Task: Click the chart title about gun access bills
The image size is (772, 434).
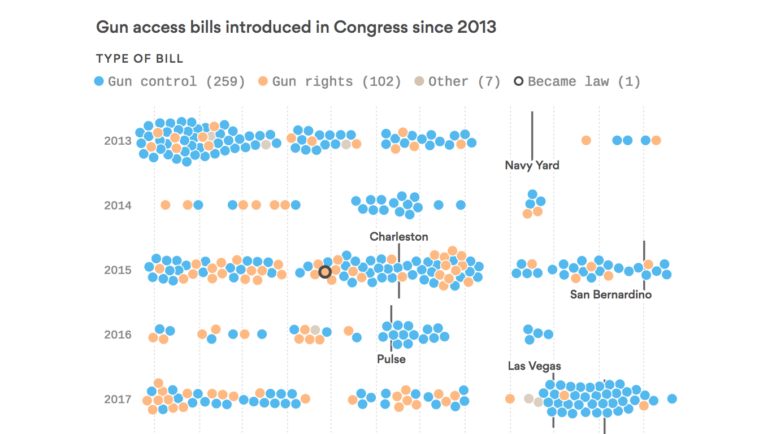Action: pos(296,27)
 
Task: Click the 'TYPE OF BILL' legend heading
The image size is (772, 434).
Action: pos(140,59)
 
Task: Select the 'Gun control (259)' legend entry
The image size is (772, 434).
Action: pos(170,81)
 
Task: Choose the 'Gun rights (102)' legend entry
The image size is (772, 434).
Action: pos(330,81)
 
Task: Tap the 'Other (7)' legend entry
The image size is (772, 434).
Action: pos(458,81)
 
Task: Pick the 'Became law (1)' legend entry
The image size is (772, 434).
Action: pos(577,81)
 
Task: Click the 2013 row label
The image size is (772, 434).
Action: pos(118,141)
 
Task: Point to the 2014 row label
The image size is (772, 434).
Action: pos(118,205)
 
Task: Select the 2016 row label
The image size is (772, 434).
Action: pos(118,335)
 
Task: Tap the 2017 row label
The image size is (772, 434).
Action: pos(118,399)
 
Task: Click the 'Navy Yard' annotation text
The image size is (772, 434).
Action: pos(532,166)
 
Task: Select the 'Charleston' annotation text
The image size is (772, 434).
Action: pos(399,237)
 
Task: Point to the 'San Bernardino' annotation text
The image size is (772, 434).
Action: pos(610,294)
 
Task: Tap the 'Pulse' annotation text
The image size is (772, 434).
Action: pos(391,359)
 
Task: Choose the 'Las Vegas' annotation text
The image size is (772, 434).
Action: pos(534,366)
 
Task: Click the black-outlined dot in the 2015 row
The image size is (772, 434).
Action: pos(325,272)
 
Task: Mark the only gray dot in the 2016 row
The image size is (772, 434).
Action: pos(315,329)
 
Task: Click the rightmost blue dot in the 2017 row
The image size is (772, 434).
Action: pos(672,399)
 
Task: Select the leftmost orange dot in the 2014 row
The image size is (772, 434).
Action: pos(165,205)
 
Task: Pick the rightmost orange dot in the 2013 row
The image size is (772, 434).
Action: pos(656,140)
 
